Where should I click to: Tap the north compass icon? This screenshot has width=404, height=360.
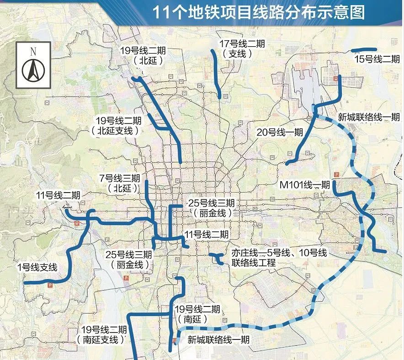click(33, 65)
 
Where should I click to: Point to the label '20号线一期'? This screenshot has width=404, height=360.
click(280, 133)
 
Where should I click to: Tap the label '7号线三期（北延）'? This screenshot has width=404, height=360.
click(120, 183)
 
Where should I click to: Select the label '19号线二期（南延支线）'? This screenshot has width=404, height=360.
click(104, 334)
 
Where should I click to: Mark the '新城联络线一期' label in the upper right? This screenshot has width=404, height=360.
click(368, 117)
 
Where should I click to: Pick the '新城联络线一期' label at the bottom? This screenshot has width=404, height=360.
click(218, 340)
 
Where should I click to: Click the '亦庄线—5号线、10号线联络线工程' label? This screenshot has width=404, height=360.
click(279, 258)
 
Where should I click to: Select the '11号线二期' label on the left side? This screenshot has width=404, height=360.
click(58, 195)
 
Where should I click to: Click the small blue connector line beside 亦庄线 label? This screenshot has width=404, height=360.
click(217, 259)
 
